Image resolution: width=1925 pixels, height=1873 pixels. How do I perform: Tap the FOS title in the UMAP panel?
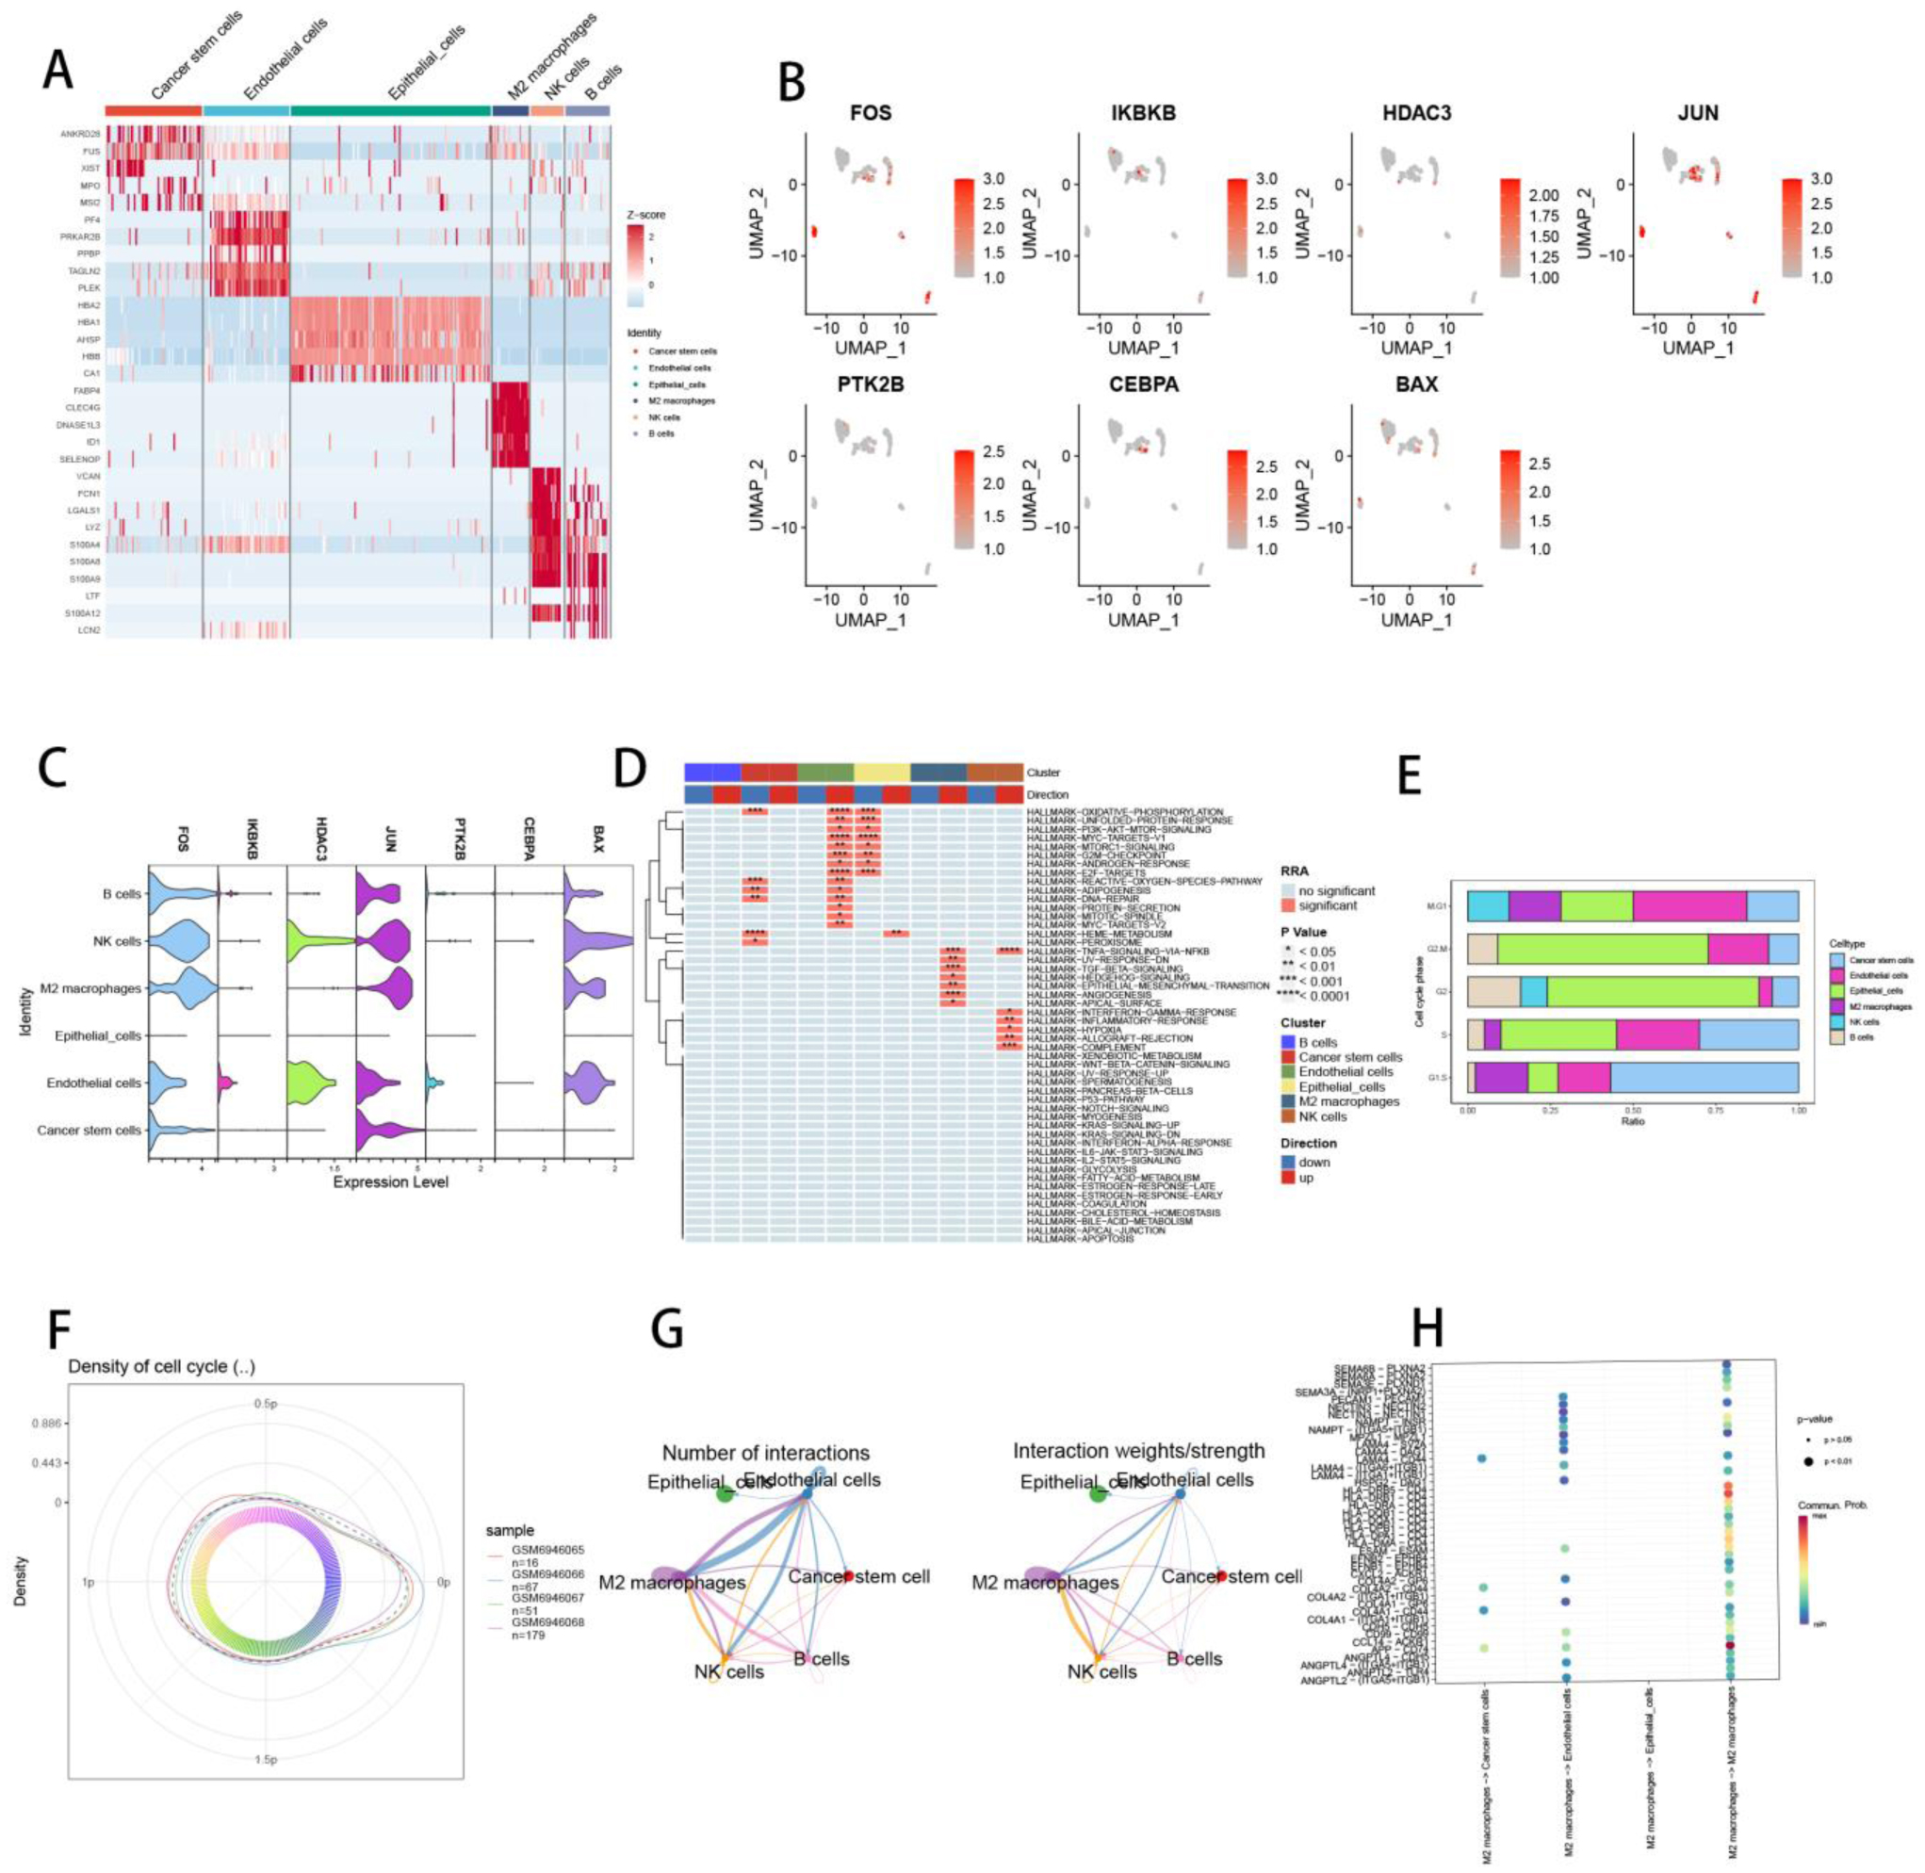pos(871,113)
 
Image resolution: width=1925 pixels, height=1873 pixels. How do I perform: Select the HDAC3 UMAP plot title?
pos(1416,113)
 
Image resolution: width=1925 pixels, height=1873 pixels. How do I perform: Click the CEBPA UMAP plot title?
pos(1143,384)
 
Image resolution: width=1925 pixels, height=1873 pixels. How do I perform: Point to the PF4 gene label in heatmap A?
pos(91,220)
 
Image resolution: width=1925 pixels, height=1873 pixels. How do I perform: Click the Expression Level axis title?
pos(390,1181)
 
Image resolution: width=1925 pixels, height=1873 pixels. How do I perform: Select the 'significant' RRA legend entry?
pos(1327,905)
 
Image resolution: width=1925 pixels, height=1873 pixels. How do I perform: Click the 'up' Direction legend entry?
pos(1305,1178)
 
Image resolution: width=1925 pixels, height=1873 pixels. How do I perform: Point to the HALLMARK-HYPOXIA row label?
pos(1062,1030)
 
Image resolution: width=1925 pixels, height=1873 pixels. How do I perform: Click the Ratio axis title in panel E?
pos(1632,1120)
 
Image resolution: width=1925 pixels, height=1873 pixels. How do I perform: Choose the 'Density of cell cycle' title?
pos(161,1366)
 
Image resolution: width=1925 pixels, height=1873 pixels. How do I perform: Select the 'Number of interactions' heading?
pos(765,1453)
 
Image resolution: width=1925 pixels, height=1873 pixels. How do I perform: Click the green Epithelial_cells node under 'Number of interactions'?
pos(725,1495)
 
